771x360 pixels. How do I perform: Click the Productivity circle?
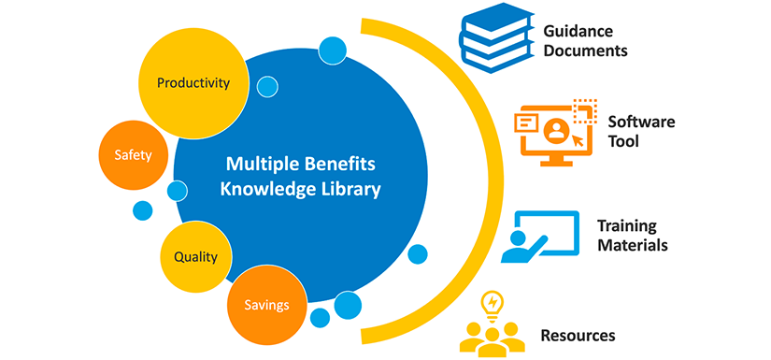(x=193, y=82)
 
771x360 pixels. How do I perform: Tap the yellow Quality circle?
(x=195, y=255)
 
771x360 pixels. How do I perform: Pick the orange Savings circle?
(x=266, y=305)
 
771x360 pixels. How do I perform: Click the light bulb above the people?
(x=493, y=304)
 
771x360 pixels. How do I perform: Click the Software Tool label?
(x=641, y=132)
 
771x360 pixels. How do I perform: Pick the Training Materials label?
(x=632, y=236)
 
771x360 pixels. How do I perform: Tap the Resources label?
(x=578, y=334)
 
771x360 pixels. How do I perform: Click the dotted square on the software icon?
(x=585, y=109)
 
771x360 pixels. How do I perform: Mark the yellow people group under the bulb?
(x=493, y=338)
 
